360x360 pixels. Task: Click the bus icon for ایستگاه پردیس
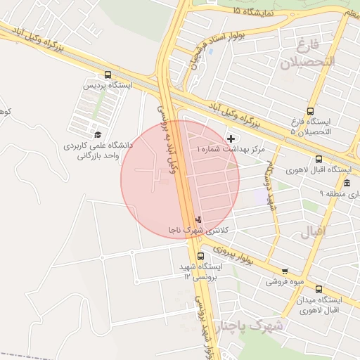108,74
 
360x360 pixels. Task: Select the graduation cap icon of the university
97,134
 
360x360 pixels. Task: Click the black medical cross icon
231,139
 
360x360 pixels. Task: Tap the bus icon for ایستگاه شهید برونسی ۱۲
201,256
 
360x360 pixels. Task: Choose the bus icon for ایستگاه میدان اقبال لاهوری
319,289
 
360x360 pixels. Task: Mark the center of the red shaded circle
180,179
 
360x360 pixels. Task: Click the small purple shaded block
262,197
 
